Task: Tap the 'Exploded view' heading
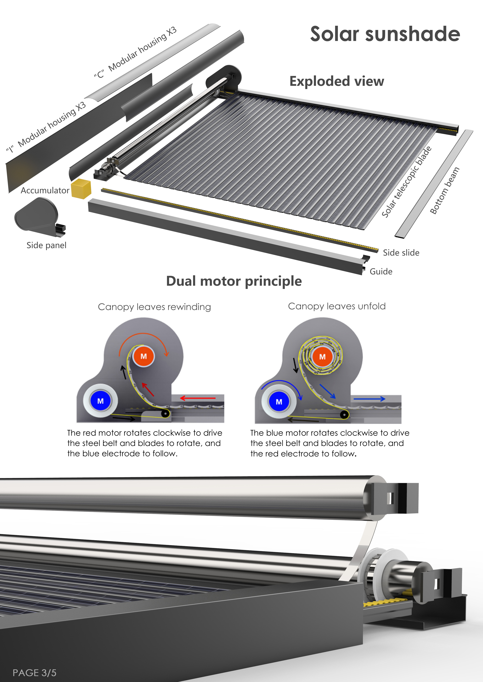pos(337,81)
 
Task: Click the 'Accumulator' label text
pos(45,190)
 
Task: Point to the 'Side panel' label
pos(46,245)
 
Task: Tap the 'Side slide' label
pos(401,253)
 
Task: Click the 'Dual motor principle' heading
pos(234,281)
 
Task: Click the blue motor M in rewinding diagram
pos(101,401)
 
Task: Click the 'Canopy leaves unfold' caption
pos(337,306)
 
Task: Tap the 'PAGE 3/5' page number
pos(35,673)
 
